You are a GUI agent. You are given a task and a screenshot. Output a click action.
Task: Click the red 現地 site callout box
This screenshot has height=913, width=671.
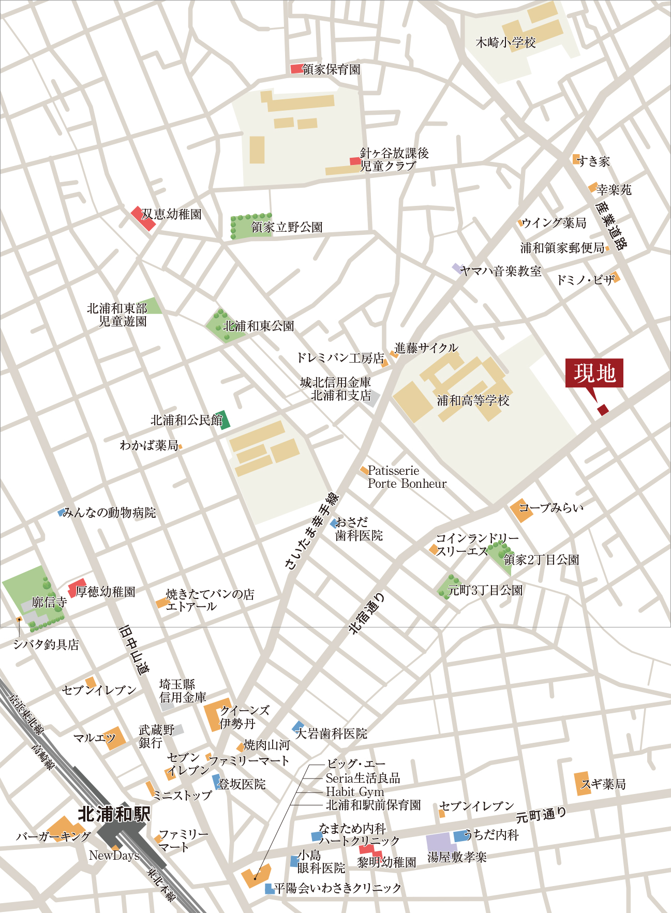(594, 372)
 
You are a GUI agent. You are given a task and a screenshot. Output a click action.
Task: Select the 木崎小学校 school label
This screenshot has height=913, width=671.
(505, 42)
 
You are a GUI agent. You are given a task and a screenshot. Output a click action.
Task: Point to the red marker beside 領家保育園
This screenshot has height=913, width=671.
(296, 69)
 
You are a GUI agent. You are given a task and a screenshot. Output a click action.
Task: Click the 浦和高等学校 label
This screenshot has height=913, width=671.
(473, 400)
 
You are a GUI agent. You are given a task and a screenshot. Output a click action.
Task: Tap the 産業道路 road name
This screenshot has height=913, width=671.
(611, 226)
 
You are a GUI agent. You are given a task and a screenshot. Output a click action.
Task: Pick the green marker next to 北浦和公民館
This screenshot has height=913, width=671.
(225, 420)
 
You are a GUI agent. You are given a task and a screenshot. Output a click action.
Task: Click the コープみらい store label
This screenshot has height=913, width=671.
(551, 507)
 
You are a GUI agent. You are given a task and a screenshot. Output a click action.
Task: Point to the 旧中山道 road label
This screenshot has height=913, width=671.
(134, 650)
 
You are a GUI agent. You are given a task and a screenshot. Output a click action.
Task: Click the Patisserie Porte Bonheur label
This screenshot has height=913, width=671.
(407, 477)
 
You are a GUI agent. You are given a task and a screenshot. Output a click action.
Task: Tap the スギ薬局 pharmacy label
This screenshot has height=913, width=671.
(603, 784)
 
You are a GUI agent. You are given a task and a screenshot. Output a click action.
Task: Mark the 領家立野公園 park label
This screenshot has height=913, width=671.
(287, 227)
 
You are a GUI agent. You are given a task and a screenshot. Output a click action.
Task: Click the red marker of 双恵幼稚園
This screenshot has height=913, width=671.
(142, 218)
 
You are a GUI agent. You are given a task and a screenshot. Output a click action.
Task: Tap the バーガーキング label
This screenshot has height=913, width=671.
(53, 836)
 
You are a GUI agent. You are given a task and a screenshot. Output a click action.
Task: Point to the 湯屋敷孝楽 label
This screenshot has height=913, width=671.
(457, 857)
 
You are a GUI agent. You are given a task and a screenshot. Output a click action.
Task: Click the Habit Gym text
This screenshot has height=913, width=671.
(355, 791)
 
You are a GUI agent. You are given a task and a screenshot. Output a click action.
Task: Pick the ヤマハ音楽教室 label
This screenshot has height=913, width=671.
(500, 271)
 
